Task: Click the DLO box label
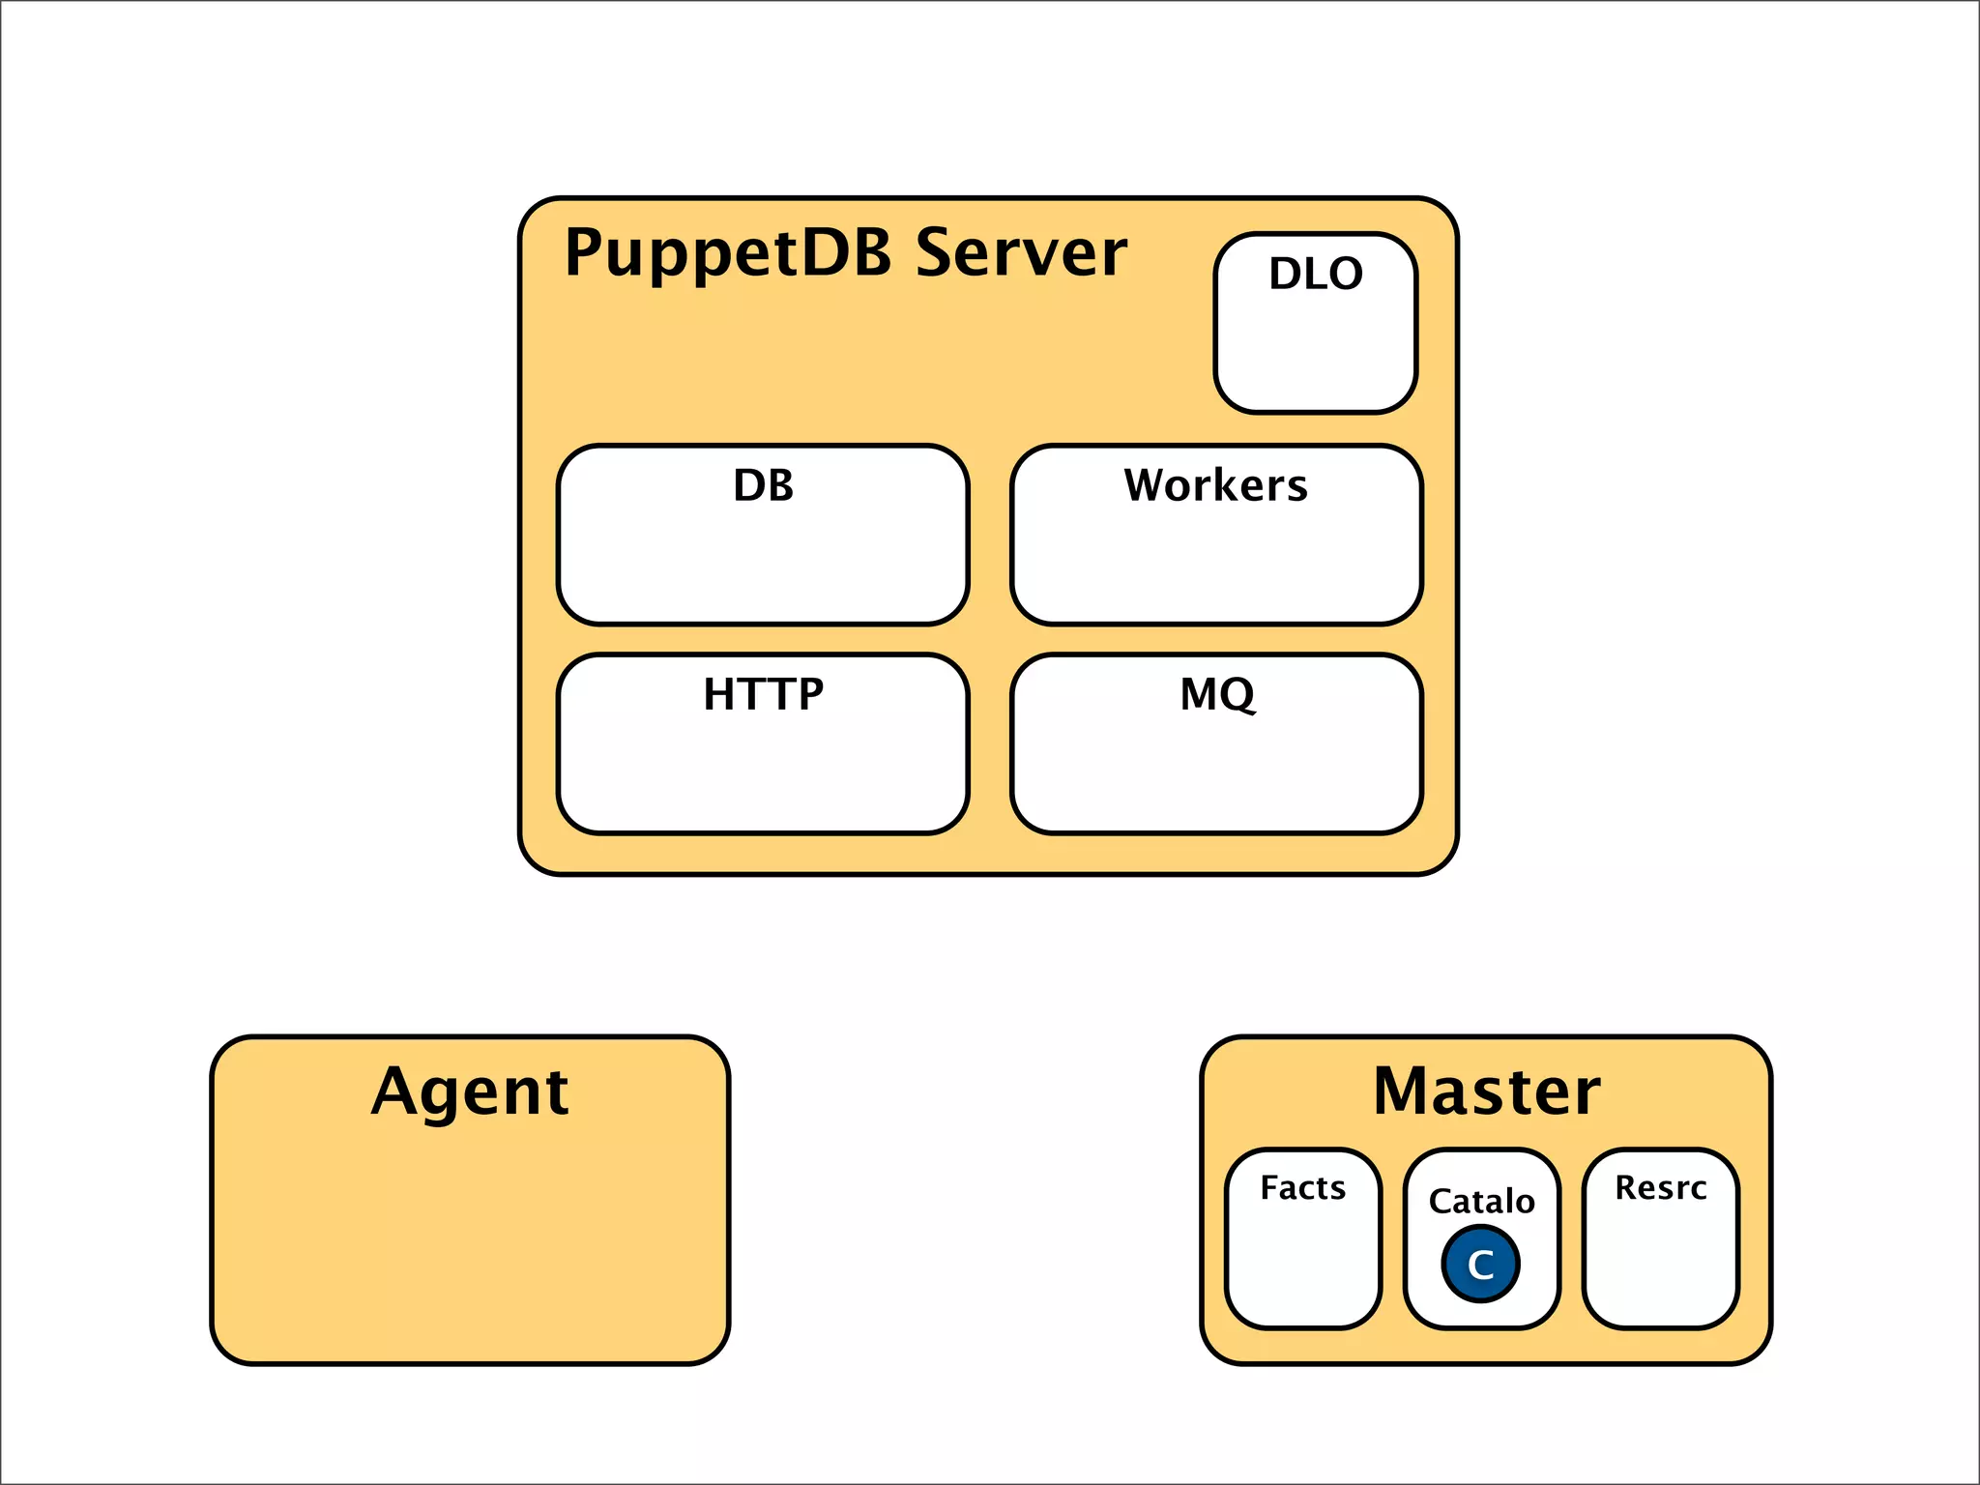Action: click(1316, 274)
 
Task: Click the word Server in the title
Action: click(1021, 253)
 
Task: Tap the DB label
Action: click(763, 485)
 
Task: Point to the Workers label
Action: click(1215, 485)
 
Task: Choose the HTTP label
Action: click(763, 694)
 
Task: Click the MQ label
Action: click(1217, 694)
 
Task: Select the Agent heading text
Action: click(470, 1092)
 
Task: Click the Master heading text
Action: click(1486, 1092)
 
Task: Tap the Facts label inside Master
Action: click(1302, 1187)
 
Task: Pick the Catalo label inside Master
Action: click(1481, 1201)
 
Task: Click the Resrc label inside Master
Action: click(1660, 1187)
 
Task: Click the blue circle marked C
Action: click(1480, 1264)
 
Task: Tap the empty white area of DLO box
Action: click(1316, 353)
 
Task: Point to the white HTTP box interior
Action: click(763, 773)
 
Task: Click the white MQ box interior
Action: click(1216, 773)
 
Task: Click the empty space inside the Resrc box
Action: click(1660, 1267)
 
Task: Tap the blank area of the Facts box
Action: click(1302, 1267)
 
